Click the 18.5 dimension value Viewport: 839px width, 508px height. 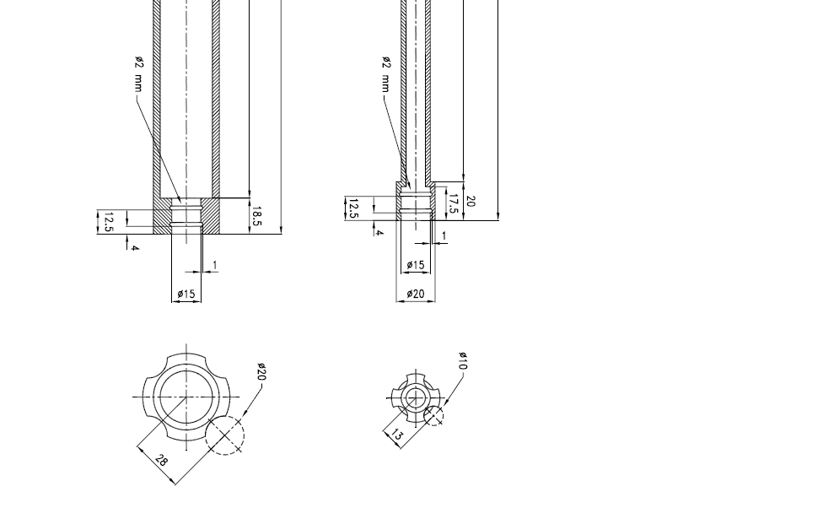point(256,216)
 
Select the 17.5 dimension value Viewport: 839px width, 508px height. point(453,204)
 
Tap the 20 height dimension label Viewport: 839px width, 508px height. point(471,202)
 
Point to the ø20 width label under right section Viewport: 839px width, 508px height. point(416,294)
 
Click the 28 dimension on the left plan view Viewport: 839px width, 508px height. point(160,460)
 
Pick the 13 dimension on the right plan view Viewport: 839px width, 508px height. point(396,435)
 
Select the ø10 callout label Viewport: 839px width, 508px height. point(464,361)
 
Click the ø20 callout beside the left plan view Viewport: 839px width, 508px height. point(261,371)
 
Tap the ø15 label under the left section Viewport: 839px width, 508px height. point(186,294)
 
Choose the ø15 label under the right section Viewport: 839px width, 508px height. point(416,265)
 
